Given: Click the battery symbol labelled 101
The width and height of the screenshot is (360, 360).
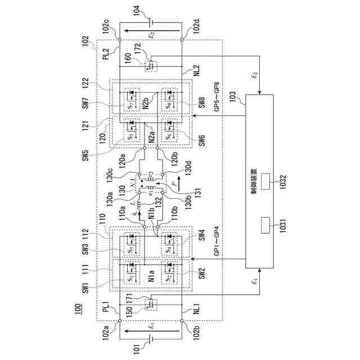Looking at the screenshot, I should tap(151, 340).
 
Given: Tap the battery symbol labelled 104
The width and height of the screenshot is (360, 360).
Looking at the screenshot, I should tap(151, 22).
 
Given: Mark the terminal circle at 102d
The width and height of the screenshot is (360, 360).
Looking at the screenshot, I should tap(182, 40).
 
